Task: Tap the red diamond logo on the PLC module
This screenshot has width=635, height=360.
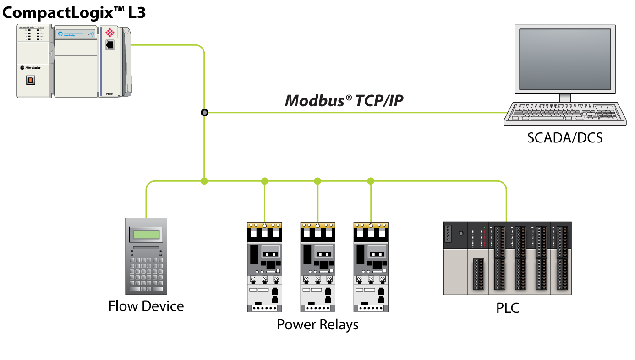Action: tap(110, 33)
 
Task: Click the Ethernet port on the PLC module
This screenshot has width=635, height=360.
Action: tap(110, 45)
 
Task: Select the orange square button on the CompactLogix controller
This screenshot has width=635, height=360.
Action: tap(31, 80)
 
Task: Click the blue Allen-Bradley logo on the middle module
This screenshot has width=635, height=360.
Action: tap(60, 34)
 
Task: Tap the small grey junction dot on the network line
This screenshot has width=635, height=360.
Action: tap(204, 113)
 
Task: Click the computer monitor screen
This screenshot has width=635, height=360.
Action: tap(565, 58)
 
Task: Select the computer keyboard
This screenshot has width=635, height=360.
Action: tap(565, 114)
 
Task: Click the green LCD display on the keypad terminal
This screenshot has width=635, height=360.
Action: tap(146, 235)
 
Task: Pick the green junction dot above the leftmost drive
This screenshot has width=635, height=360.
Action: tap(264, 181)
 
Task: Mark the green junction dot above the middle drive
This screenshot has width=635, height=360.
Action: tap(317, 181)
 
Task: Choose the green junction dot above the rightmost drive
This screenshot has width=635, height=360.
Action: tap(371, 181)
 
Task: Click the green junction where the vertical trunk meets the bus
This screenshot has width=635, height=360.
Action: tap(204, 181)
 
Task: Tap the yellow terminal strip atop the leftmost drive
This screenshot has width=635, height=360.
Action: tap(264, 225)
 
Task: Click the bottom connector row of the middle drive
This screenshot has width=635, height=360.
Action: tap(317, 309)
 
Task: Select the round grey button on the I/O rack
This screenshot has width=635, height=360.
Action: tap(461, 233)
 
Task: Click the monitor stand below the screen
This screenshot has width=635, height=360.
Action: tap(565, 98)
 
